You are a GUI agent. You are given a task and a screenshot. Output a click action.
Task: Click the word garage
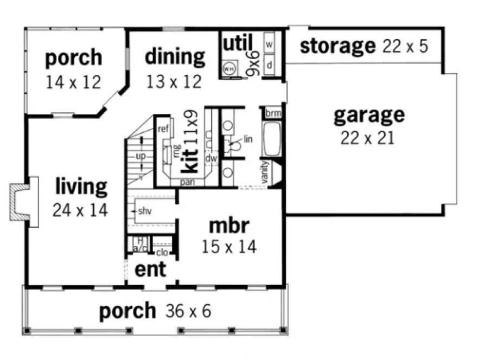368,115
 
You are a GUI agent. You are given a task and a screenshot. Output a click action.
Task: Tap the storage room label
336,46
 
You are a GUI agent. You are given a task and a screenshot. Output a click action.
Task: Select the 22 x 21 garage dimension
367,138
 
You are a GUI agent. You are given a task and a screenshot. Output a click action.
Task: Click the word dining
175,56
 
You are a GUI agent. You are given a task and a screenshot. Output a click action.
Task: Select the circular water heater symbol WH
229,69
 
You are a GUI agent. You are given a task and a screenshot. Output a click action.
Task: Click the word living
81,187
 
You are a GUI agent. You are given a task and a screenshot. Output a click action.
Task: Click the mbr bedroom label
228,224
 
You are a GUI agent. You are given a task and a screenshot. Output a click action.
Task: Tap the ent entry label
150,269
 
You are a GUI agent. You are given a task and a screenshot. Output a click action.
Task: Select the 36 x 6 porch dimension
184,312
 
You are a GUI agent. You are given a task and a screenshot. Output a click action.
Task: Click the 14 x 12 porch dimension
73,82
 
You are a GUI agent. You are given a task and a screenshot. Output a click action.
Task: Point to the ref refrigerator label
163,128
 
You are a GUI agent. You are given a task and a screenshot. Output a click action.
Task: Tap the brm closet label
271,114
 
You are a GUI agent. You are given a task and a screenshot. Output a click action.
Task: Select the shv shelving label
144,210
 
